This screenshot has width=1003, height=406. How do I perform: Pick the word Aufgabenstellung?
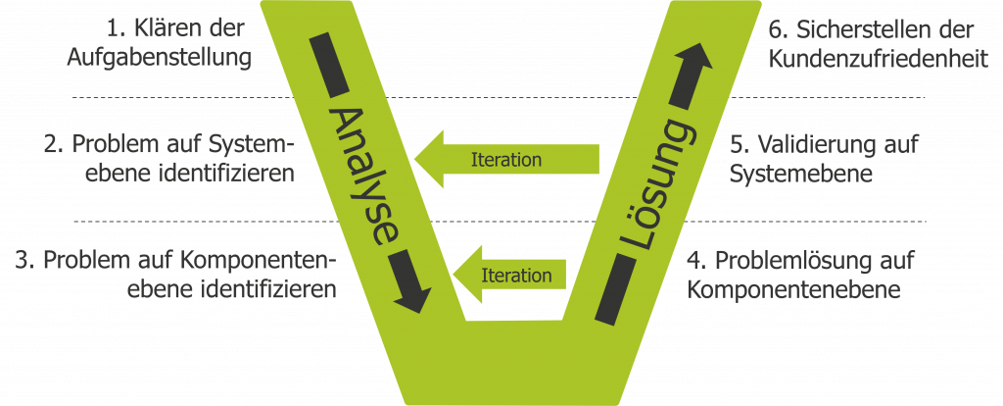point(159,57)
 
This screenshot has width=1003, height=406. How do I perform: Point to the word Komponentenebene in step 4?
point(793,290)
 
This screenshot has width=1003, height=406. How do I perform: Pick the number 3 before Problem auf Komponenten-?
point(24,261)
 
